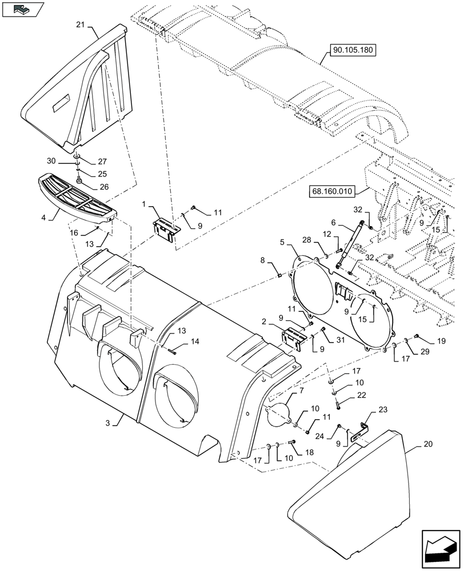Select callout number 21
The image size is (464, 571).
pos(80,24)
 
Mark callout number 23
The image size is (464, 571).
pos(382,410)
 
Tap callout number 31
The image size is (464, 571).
pos(339,341)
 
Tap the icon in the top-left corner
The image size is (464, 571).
pos(23,9)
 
